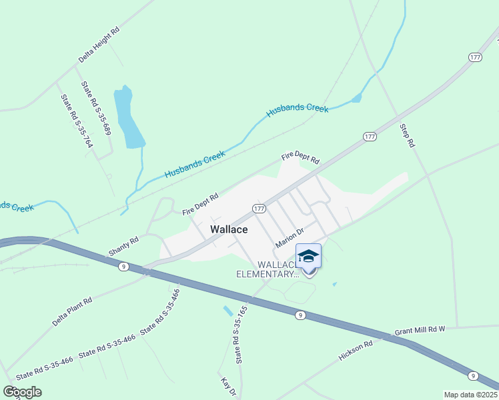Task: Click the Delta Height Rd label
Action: click(x=99, y=45)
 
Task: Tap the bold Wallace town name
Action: click(x=229, y=229)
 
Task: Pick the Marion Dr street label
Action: click(x=290, y=237)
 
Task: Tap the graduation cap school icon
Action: click(x=308, y=257)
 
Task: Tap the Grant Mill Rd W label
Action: click(x=420, y=330)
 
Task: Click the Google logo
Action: click(x=23, y=391)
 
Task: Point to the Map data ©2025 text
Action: click(x=470, y=395)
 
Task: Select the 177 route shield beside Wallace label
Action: click(x=260, y=208)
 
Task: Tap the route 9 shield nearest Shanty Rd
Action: click(x=123, y=266)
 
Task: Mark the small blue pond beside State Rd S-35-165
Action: click(x=228, y=311)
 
